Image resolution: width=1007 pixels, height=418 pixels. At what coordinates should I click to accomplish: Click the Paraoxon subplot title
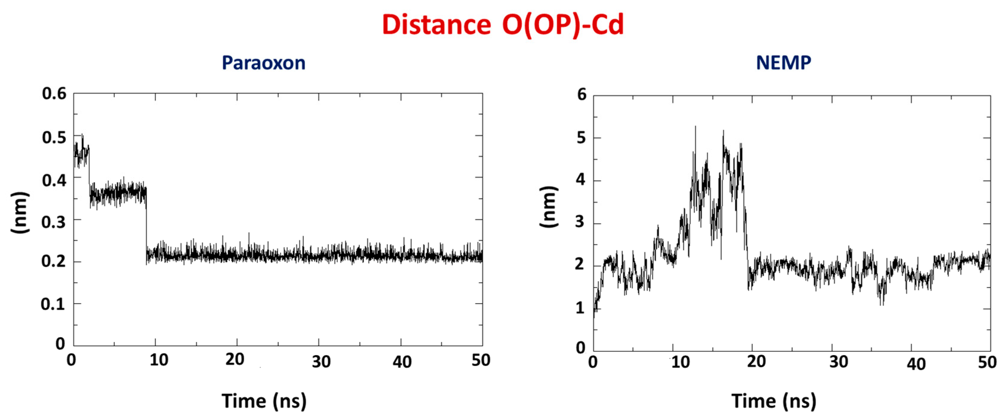(264, 63)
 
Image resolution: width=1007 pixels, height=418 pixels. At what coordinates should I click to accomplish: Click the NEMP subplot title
(783, 63)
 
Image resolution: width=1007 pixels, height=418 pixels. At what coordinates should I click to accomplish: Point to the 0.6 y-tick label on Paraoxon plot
(54, 94)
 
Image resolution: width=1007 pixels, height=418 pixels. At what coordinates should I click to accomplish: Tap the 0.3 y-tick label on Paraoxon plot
(54, 222)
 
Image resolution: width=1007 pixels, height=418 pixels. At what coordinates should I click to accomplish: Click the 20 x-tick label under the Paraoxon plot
(235, 359)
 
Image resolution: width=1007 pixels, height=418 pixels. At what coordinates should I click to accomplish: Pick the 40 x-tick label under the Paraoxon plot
(402, 362)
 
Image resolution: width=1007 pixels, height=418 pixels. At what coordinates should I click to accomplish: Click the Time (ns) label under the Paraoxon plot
(264, 401)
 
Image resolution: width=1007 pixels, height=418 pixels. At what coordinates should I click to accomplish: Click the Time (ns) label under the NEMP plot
(774, 401)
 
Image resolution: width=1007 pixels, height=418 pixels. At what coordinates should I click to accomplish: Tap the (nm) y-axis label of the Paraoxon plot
(20, 213)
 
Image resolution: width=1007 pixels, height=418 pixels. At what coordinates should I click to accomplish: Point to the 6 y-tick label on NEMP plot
(582, 94)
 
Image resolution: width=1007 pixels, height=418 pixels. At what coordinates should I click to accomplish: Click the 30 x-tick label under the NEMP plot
(839, 362)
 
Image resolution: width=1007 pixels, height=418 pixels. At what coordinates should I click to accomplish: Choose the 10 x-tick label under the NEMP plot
(680, 362)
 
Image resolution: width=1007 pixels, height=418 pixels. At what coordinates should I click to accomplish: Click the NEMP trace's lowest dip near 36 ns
(881, 304)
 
